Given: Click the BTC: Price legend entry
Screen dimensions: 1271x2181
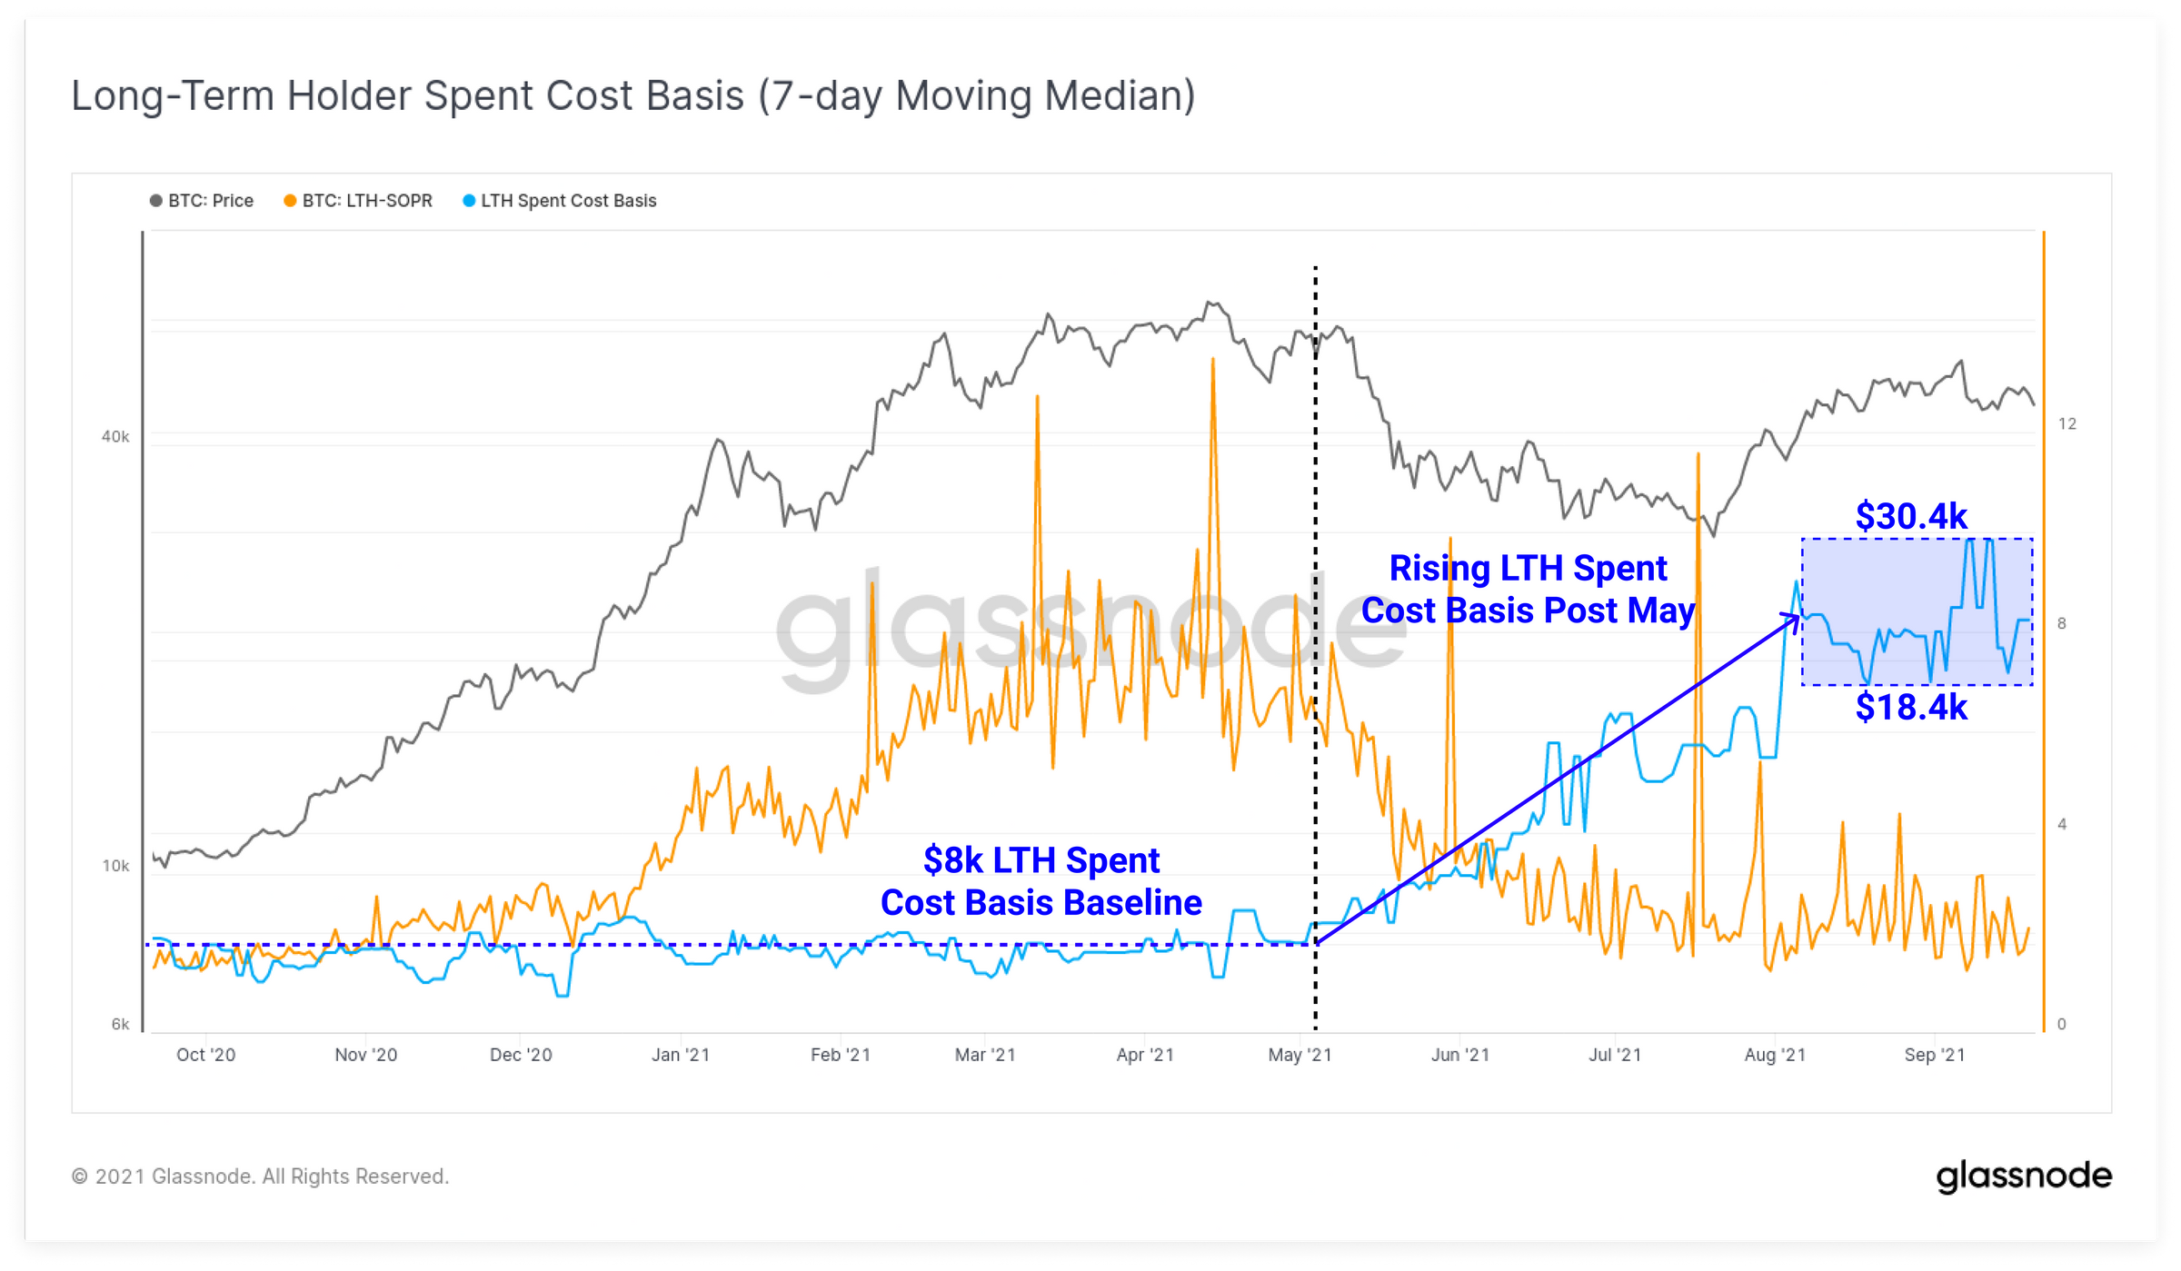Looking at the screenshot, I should tap(202, 201).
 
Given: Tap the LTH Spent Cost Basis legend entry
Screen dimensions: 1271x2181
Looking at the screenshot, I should tap(560, 201).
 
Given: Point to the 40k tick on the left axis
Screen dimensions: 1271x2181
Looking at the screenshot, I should tap(115, 437).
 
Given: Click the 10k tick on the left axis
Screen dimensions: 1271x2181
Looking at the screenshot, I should tap(115, 866).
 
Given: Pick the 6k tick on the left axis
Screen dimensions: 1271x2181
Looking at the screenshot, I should tap(120, 1024).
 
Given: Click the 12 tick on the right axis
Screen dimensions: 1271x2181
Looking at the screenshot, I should tap(2067, 423).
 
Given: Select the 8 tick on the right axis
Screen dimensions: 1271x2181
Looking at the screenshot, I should tap(2062, 623).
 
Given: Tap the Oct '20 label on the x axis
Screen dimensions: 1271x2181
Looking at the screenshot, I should tap(205, 1055).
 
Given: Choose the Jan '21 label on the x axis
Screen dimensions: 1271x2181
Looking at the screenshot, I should tap(681, 1055).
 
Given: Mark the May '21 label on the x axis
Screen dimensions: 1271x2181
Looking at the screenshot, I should tap(1300, 1055).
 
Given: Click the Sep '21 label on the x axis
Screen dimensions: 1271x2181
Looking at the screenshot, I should tap(1935, 1055).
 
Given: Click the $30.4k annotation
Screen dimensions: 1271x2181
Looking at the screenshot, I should tap(1911, 516).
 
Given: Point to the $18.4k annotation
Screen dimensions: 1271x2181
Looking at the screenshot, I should tap(1911, 707).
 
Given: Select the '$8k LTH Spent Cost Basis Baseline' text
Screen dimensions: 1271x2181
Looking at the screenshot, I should tap(1041, 881).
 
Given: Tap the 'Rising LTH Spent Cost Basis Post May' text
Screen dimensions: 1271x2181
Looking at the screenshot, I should tap(1529, 589).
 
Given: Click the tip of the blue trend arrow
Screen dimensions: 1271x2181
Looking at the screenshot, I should tap(1798, 616).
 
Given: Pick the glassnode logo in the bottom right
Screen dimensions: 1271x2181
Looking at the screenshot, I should tap(2024, 1177).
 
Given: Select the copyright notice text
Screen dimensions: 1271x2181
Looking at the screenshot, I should tap(260, 1177).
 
